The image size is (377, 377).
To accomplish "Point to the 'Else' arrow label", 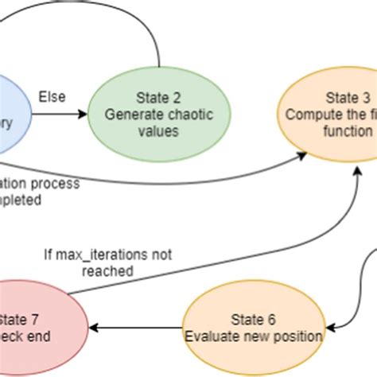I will [x=52, y=97].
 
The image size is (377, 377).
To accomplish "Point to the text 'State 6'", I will [x=254, y=320].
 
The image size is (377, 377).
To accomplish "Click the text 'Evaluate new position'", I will [x=254, y=336].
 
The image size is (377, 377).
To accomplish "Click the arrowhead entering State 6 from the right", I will [x=332, y=325].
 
